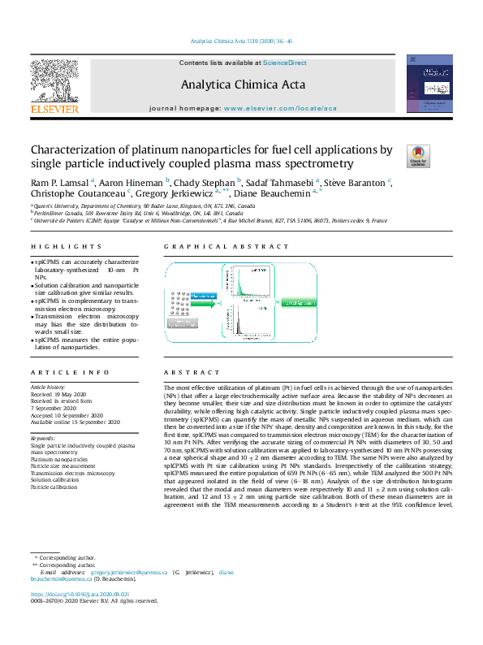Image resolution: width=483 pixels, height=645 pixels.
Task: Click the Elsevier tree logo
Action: [x=54, y=81]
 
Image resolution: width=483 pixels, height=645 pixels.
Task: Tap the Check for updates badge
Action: [x=418, y=156]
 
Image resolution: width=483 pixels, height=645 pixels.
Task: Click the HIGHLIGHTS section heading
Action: [x=56, y=247]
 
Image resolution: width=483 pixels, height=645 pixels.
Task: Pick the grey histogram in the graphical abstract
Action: [x=244, y=322]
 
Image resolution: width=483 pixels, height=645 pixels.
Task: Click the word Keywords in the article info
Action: [x=42, y=438]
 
